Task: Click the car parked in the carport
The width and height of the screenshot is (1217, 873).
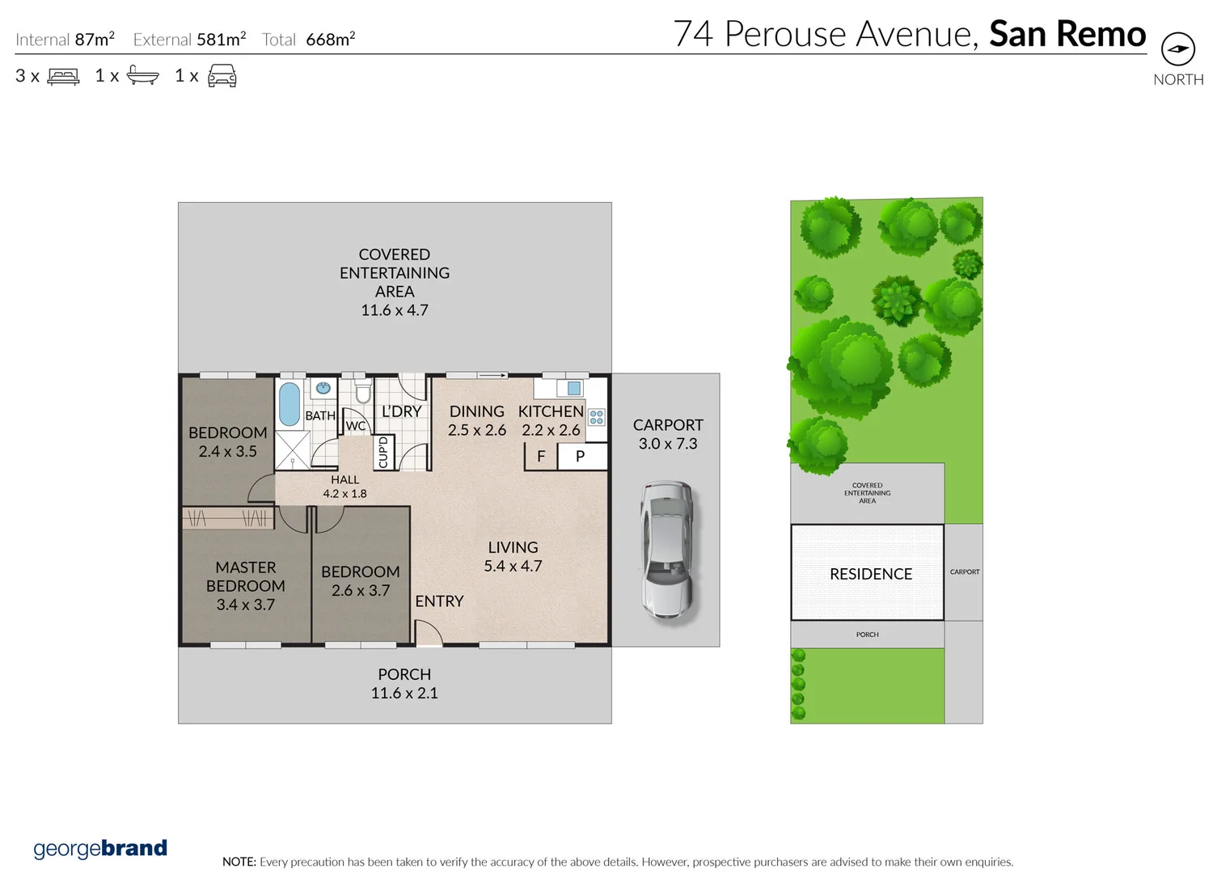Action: (x=667, y=550)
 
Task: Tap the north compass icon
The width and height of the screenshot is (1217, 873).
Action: (x=1177, y=49)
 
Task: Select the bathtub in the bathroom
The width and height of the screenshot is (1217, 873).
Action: (x=289, y=404)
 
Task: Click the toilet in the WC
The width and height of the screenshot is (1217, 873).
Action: (x=363, y=393)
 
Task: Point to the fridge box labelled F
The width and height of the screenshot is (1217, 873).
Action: (x=541, y=457)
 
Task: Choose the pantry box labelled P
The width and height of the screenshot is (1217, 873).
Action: (x=580, y=457)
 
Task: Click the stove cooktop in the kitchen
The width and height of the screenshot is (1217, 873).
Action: (x=597, y=417)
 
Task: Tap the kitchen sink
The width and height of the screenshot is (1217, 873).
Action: (x=573, y=388)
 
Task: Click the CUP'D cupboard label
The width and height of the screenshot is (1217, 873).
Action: (x=383, y=453)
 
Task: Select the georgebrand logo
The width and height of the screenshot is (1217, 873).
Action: (x=100, y=849)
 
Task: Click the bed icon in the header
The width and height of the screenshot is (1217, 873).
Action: (x=63, y=77)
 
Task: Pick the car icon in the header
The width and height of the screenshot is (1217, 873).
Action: (x=222, y=77)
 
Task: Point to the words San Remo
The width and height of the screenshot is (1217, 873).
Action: (x=1067, y=34)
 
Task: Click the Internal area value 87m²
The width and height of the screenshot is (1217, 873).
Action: (x=95, y=39)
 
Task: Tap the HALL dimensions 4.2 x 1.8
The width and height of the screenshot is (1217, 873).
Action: (x=344, y=494)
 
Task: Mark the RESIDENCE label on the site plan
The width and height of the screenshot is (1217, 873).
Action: (x=870, y=574)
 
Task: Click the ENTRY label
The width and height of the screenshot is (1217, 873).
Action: (x=439, y=601)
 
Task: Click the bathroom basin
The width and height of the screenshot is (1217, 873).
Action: (x=323, y=388)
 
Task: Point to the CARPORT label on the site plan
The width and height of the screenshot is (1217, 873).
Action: (x=965, y=571)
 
